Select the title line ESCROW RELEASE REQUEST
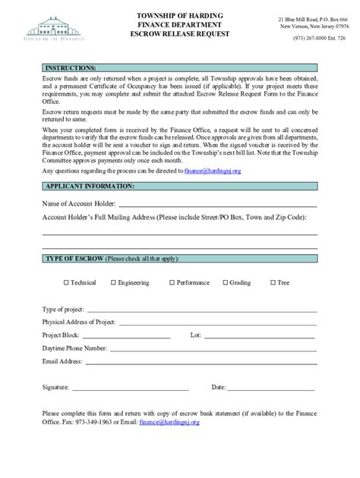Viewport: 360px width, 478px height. pyautogui.click(x=180, y=35)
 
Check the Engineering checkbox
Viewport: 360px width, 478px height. pyautogui.click(x=113, y=283)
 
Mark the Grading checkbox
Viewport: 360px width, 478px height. pyautogui.click(x=225, y=283)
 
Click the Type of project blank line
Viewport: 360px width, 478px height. pyautogui.click(x=201, y=311)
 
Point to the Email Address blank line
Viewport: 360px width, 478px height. pyautogui.click(x=201, y=362)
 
